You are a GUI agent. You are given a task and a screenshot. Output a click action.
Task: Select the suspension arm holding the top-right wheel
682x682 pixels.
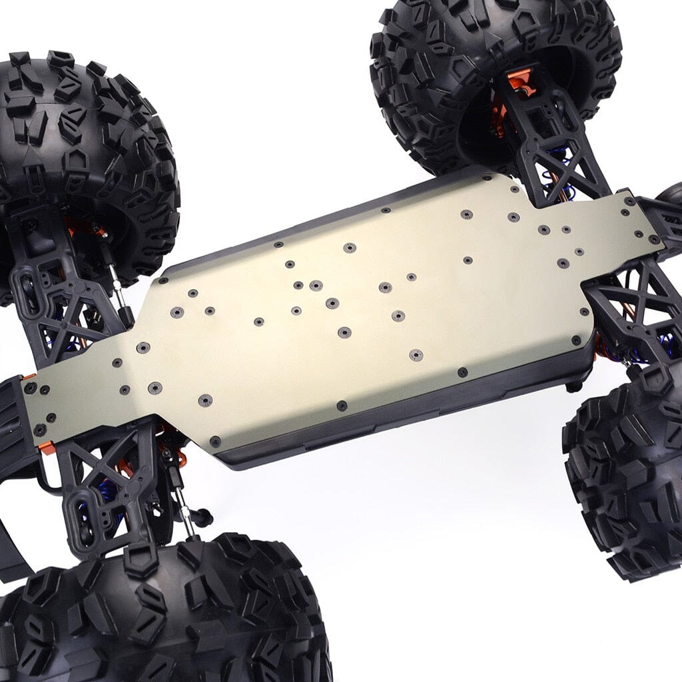coord(553,147)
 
